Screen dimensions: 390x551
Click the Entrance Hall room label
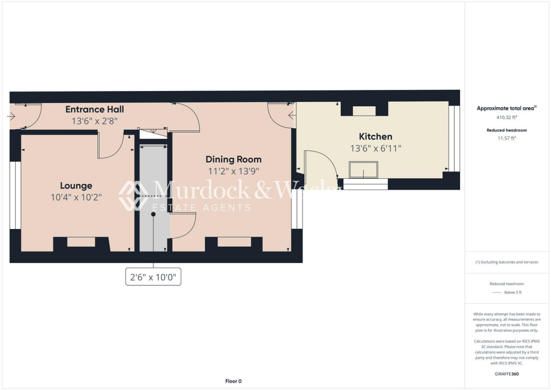click(95, 109)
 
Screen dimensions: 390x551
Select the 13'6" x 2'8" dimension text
click(95, 121)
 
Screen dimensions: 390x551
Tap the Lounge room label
click(76, 185)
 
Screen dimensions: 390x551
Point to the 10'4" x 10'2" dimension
click(76, 197)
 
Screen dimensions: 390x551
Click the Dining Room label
click(234, 159)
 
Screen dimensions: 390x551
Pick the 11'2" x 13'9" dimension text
click(234, 171)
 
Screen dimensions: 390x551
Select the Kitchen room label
click(375, 136)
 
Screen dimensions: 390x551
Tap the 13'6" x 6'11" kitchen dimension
click(375, 148)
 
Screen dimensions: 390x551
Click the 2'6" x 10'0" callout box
click(153, 278)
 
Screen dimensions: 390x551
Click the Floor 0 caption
click(233, 381)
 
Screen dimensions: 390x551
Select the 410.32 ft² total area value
click(506, 117)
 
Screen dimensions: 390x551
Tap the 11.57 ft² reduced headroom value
click(506, 138)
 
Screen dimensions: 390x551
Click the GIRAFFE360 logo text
click(506, 373)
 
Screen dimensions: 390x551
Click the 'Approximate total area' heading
click(506, 108)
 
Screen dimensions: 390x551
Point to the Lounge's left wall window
click(16, 194)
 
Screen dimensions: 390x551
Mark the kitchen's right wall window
click(455, 138)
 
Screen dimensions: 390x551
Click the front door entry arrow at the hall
click(12, 116)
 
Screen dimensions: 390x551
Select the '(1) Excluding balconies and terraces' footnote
click(506, 262)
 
